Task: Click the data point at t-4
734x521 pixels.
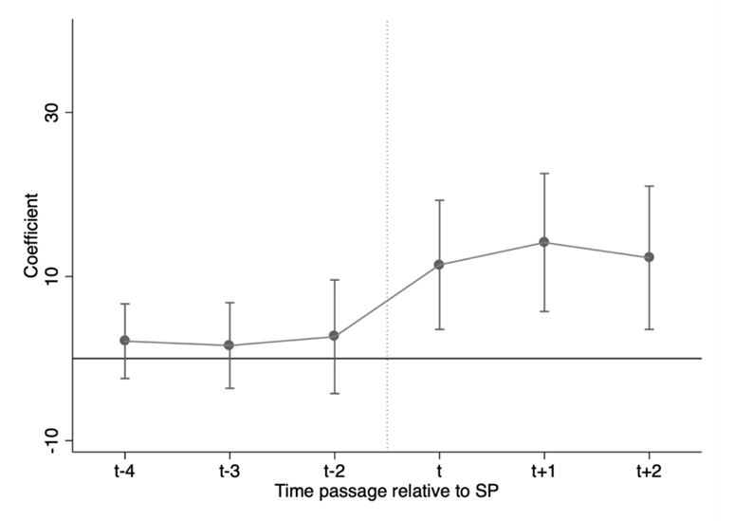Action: (124, 341)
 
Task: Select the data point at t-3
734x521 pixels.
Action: (229, 345)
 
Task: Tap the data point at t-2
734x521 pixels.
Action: (335, 336)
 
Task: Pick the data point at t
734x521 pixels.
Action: (440, 265)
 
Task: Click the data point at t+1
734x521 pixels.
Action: (544, 242)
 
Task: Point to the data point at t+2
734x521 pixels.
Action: (650, 257)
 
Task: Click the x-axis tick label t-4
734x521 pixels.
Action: (124, 472)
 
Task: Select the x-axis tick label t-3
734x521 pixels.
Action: (229, 472)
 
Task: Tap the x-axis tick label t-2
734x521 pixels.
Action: (335, 472)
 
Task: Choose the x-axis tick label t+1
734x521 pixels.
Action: (544, 472)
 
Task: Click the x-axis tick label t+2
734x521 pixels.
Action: (650, 472)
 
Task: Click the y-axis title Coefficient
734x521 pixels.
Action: (32, 236)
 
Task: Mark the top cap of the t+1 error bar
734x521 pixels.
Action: (544, 174)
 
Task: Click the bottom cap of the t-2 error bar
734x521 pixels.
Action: (335, 394)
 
